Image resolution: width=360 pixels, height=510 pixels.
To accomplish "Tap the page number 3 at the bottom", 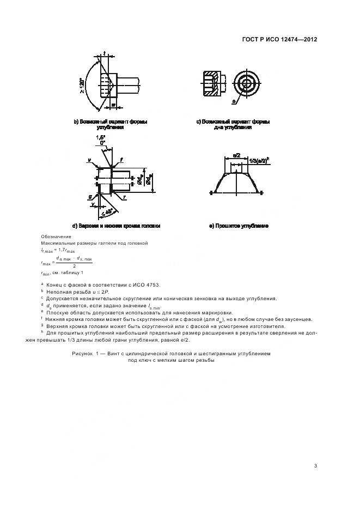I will [x=316, y=465].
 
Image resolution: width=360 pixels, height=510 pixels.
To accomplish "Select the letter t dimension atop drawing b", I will [x=103, y=53].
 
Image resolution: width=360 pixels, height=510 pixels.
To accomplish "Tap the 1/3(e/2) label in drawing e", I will [x=260, y=162].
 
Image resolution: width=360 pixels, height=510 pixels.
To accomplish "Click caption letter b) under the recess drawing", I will [x=76, y=122].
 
